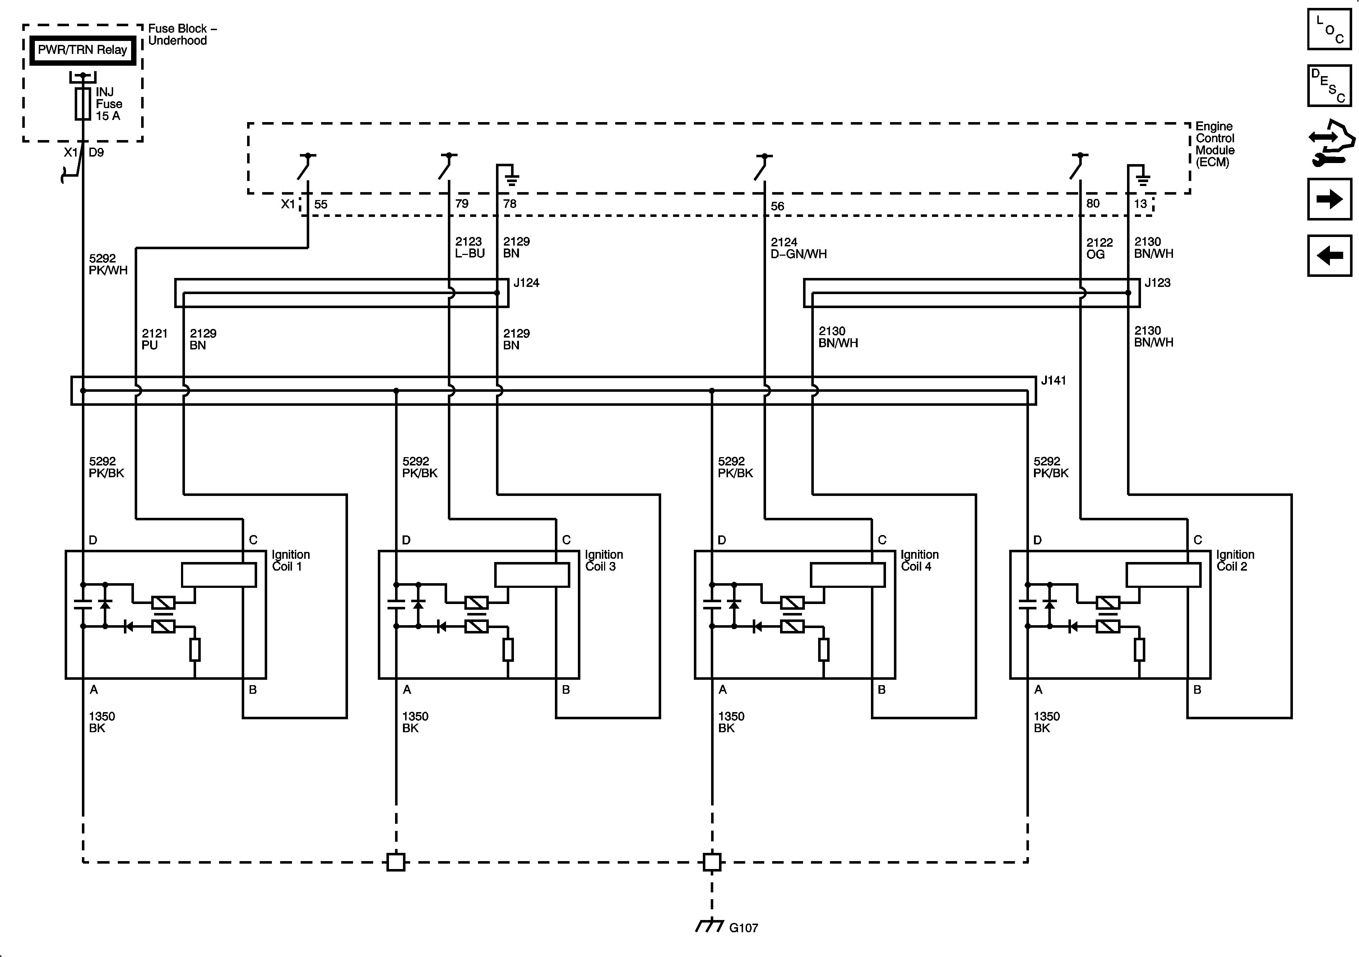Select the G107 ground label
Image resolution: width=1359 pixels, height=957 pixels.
743,928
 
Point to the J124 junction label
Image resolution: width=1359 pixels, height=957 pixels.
526,283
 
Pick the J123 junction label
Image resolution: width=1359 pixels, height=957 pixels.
1157,283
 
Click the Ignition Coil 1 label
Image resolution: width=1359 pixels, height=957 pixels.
291,561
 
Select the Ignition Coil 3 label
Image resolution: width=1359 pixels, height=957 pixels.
604,561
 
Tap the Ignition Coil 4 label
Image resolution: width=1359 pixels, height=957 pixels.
919,561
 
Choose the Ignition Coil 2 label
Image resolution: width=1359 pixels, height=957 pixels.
1235,561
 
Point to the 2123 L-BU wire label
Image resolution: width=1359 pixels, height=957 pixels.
469,247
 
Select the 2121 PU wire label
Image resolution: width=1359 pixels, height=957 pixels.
154,339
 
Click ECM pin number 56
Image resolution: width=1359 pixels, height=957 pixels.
777,206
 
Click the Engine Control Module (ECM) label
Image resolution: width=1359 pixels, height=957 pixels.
1215,144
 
